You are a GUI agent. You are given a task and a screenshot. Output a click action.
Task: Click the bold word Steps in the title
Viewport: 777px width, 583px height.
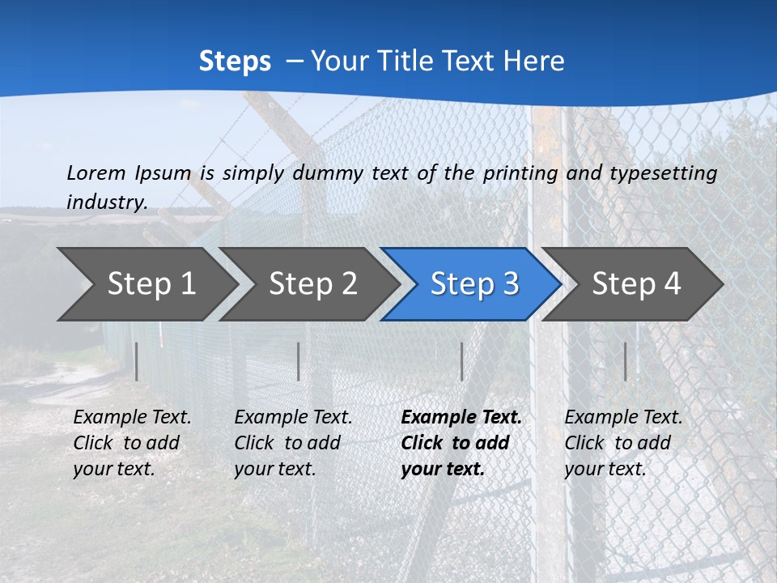235,62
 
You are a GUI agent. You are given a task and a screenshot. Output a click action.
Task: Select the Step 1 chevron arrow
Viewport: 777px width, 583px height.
146,284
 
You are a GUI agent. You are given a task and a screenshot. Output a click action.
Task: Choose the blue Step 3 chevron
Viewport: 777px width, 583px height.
473,284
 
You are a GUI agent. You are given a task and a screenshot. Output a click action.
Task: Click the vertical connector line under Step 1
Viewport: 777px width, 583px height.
137,361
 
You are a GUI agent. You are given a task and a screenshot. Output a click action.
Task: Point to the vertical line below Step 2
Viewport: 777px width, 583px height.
299,361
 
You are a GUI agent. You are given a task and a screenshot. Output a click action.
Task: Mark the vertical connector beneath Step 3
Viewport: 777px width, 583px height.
461,361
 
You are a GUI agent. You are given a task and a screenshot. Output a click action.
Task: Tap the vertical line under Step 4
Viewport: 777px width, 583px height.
625,361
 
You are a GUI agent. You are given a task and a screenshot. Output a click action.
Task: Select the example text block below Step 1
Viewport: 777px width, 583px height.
132,443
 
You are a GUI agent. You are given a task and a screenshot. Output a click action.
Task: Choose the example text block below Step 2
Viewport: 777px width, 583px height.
293,443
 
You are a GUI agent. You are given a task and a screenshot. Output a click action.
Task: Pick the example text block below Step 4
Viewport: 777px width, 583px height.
623,443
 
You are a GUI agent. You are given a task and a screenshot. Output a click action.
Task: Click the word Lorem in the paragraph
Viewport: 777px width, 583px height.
96,172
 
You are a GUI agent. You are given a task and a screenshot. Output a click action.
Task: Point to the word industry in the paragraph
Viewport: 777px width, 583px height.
106,202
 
